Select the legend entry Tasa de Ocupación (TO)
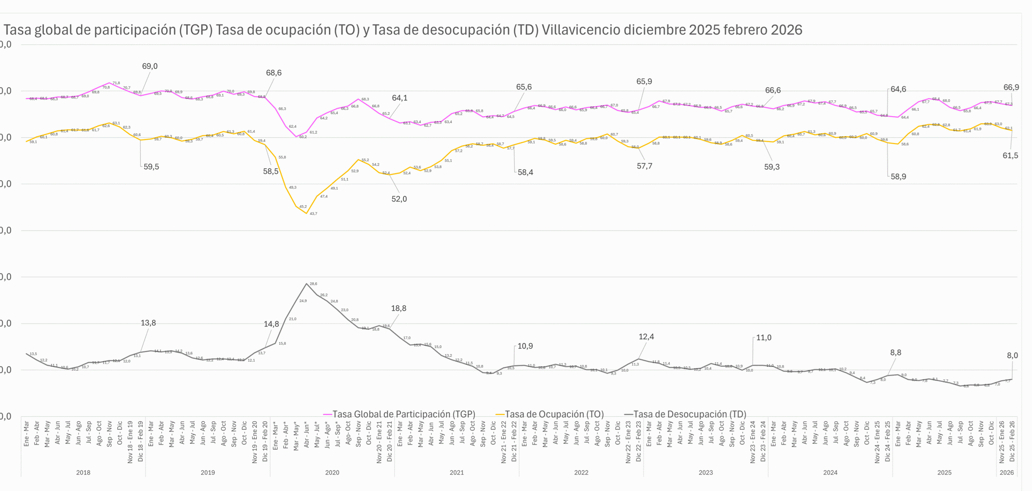[554, 414]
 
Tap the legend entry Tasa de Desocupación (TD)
[689, 414]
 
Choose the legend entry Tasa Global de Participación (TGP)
[404, 414]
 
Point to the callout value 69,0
[150, 66]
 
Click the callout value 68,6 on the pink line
[274, 73]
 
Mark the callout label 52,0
[399, 199]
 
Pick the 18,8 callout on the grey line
[399, 308]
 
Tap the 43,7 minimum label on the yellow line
[313, 214]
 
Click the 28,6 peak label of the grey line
[313, 284]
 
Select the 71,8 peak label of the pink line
[116, 83]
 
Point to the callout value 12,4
[646, 337]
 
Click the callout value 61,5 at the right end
[1010, 156]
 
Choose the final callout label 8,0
[1012, 356]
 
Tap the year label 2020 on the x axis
[332, 472]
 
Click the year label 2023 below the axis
[705, 472]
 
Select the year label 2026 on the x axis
[1007, 472]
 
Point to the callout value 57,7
[644, 166]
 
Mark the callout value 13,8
[148, 323]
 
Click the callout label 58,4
[525, 173]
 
